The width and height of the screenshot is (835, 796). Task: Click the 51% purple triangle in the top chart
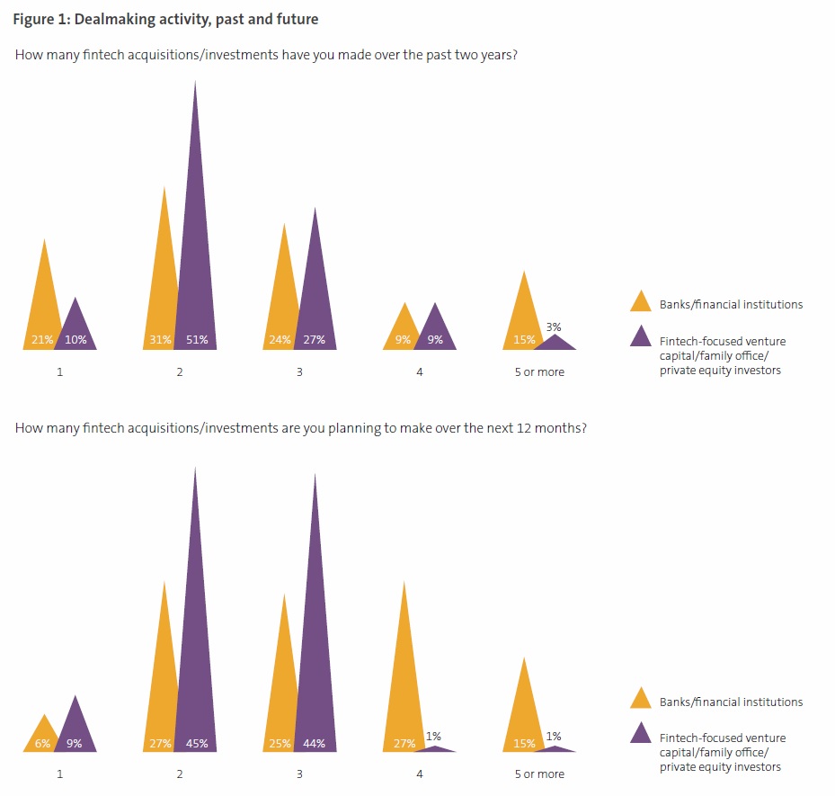pyautogui.click(x=195, y=270)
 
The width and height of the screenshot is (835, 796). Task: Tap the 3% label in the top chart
pyautogui.click(x=554, y=327)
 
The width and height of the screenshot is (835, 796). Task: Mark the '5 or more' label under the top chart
pyautogui.click(x=539, y=372)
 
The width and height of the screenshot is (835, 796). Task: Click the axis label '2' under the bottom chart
pyautogui.click(x=180, y=774)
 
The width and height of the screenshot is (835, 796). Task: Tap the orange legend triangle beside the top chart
pyautogui.click(x=641, y=301)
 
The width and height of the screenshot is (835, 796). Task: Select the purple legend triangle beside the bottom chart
pyautogui.click(x=641, y=733)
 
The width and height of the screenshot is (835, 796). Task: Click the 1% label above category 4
pyautogui.click(x=433, y=737)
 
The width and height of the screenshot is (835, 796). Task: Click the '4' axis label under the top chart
pyautogui.click(x=420, y=372)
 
